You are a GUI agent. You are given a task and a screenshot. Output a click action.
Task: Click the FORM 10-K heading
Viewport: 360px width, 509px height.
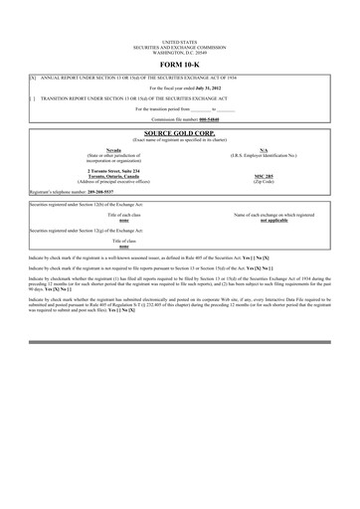pos(179,66)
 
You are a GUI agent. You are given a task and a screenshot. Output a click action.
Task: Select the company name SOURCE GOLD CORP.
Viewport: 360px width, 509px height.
pos(179,131)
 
